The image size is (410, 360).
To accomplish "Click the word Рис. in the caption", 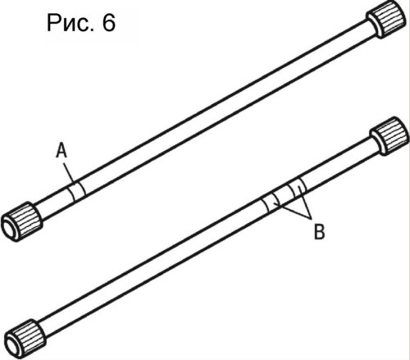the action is point(71,23).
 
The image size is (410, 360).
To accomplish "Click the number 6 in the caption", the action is point(109,23).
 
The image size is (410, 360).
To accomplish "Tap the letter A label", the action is point(61,151).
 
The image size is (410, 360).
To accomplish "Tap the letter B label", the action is point(319,231).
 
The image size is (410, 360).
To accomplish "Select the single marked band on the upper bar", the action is point(76,191).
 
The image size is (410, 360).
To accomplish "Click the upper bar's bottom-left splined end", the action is point(22,222).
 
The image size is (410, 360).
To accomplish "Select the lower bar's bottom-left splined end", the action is point(25,339).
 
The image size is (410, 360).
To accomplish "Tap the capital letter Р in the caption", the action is point(54,23).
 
